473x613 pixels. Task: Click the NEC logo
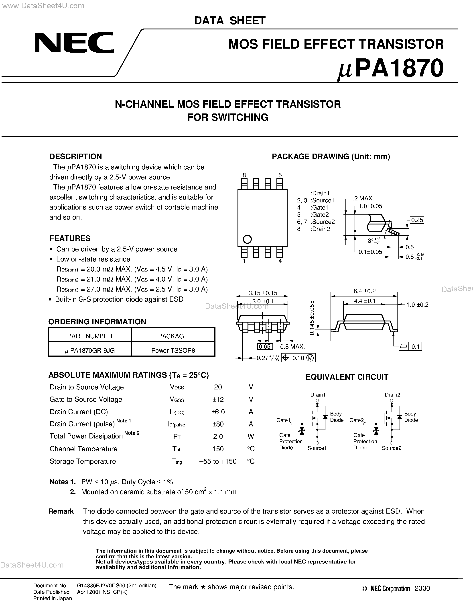pos(74,42)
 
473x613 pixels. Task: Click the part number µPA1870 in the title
pos(391,69)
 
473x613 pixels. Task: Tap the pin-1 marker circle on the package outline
pos(247,239)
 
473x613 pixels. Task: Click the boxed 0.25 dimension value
pos(417,220)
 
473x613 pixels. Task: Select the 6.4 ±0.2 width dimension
pos(364,291)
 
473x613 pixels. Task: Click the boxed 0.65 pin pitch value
pos(264,346)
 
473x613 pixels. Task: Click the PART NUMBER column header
pos(90,336)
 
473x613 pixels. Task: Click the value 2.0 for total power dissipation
pos(218,436)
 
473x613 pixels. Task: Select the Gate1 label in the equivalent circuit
pos(283,420)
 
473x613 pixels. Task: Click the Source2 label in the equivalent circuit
pos(392,448)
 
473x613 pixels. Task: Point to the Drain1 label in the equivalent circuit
pos(318,395)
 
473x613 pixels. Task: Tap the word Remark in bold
pos(61,511)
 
